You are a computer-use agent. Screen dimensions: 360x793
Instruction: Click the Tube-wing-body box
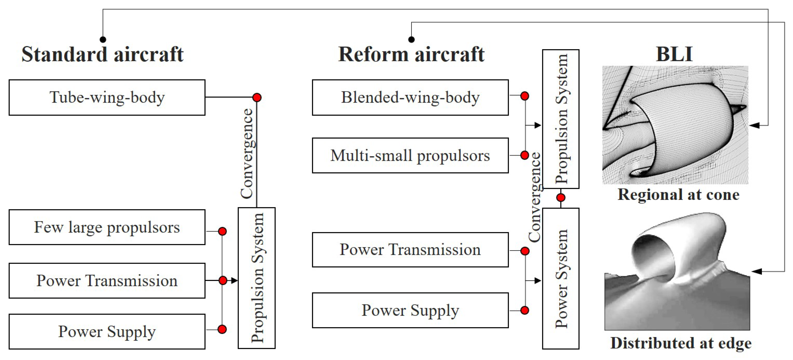coord(107,98)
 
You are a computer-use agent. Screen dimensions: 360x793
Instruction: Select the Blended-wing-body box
coord(410,98)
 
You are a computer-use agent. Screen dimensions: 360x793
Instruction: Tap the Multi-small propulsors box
coord(410,155)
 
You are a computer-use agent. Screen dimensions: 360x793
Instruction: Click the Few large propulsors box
coord(107,227)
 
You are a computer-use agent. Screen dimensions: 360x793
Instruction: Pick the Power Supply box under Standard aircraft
coord(107,332)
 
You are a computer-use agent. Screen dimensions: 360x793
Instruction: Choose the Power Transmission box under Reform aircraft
coord(410,250)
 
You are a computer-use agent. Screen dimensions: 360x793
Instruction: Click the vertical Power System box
coord(560,279)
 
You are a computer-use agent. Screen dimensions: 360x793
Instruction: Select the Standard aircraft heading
coord(103,54)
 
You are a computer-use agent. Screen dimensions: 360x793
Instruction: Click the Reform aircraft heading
coord(411,54)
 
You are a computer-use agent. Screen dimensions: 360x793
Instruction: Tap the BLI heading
coord(674,54)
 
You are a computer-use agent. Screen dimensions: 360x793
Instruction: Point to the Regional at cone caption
coord(678,195)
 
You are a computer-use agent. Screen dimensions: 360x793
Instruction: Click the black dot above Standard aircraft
coord(103,39)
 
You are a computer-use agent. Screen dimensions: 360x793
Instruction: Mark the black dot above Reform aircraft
coord(411,39)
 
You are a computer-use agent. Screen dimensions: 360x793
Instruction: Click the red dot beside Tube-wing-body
coord(257,98)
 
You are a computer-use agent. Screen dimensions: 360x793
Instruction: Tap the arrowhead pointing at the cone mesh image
coord(754,125)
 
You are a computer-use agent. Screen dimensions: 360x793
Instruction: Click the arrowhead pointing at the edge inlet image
coord(756,271)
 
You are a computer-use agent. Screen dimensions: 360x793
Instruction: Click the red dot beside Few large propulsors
coord(222,231)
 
